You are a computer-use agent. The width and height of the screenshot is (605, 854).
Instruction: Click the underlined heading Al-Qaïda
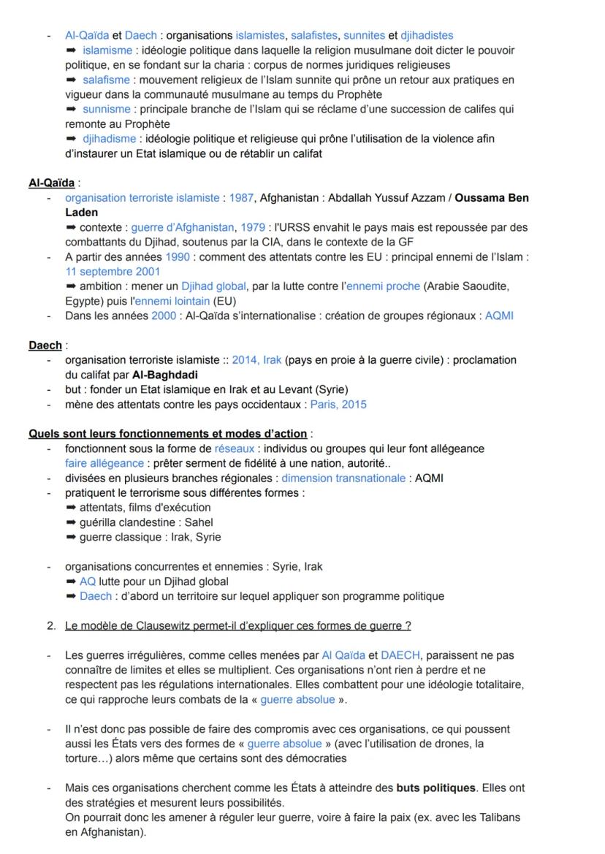51,183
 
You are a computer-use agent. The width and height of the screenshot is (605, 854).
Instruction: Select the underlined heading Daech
45,346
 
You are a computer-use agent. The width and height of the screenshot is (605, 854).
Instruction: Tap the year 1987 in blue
241,198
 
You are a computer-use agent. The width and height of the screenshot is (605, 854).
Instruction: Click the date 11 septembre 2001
113,272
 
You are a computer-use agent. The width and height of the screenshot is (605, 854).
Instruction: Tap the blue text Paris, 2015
338,404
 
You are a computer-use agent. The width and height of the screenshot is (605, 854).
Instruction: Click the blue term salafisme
106,80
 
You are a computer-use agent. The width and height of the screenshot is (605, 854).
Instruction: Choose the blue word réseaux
235,449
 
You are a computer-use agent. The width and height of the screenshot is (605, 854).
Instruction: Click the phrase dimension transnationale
343,478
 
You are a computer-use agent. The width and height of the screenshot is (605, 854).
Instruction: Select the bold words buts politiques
435,788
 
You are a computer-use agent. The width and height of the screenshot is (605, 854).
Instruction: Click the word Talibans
498,818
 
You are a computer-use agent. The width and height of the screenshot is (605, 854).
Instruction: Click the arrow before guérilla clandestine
71,522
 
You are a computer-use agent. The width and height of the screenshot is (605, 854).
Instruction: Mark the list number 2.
50,625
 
